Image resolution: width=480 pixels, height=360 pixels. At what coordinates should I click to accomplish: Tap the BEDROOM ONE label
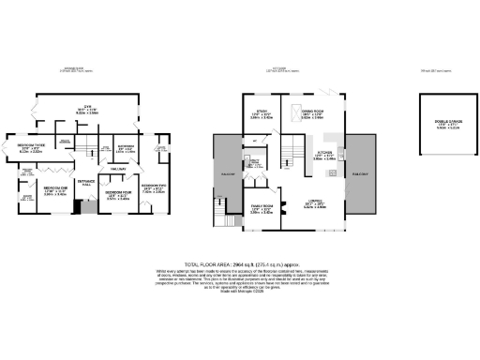55,190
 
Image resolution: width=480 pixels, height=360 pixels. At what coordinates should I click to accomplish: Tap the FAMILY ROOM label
262,208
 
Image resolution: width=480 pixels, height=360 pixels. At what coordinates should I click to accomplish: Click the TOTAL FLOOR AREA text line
240,266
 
